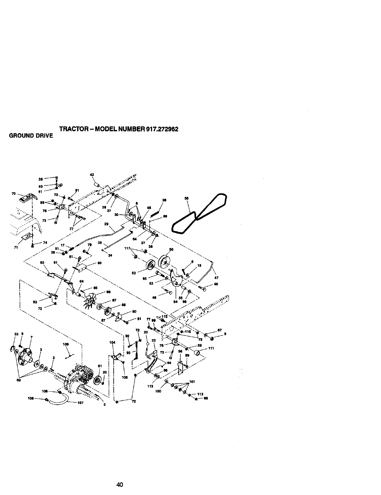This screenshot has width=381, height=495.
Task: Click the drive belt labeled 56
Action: tap(200, 212)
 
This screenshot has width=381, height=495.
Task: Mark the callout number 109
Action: tap(66, 344)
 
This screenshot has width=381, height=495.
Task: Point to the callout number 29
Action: tap(106, 224)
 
